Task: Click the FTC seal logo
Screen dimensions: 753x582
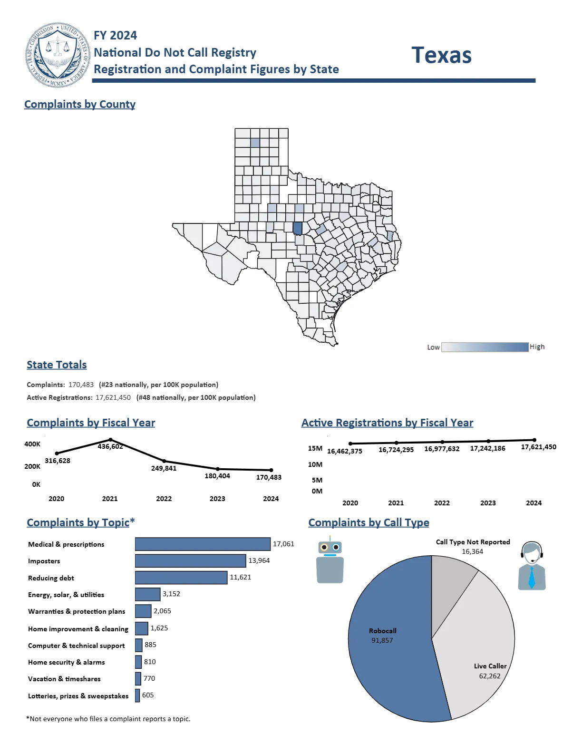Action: (x=58, y=55)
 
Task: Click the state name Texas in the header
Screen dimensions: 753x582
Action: (x=441, y=55)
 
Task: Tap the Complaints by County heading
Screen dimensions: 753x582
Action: (x=80, y=104)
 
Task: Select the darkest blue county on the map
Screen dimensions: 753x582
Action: (x=298, y=229)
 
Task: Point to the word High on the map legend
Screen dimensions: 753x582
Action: (x=537, y=347)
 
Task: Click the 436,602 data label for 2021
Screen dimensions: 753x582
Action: (x=110, y=446)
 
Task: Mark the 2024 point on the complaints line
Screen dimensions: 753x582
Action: (x=271, y=470)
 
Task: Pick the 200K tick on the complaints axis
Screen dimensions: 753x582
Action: (x=32, y=466)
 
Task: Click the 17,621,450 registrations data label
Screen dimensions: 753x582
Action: (x=538, y=447)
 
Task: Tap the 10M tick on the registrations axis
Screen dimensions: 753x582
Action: (x=315, y=464)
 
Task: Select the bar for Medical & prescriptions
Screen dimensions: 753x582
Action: (x=203, y=544)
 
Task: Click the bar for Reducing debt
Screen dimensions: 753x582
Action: (x=181, y=578)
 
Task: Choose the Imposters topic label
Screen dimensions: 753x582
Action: (x=44, y=561)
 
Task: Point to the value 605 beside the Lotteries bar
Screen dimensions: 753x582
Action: (x=148, y=695)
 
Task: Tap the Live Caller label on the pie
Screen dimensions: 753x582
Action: (x=490, y=666)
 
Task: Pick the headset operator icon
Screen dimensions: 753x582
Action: (x=532, y=566)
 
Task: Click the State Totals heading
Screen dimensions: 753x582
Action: (x=57, y=365)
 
